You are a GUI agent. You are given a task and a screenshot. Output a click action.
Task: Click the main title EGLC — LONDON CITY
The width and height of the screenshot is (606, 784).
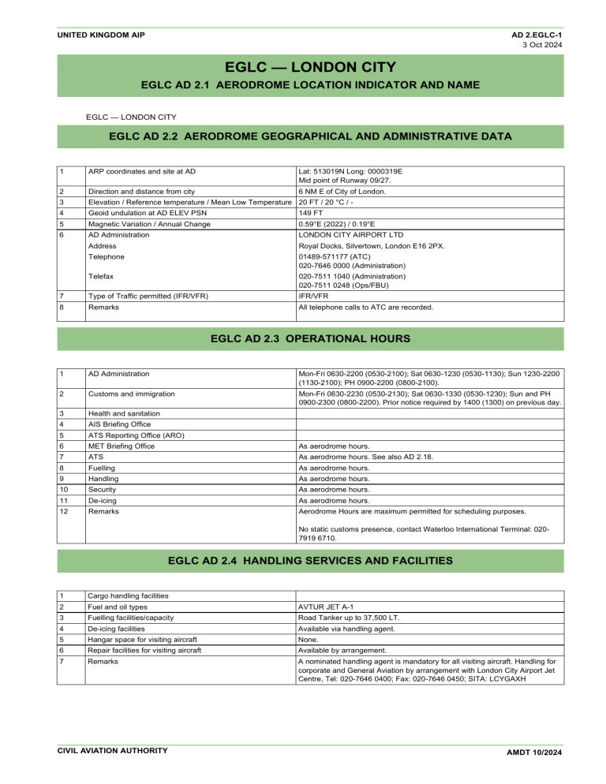[310, 65]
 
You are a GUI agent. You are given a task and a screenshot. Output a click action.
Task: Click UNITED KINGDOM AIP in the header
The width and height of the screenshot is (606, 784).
[100, 35]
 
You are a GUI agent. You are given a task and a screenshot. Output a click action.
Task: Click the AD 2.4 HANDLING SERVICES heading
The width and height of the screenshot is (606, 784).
[310, 562]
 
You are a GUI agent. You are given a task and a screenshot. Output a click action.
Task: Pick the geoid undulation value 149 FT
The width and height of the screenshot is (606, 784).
[311, 213]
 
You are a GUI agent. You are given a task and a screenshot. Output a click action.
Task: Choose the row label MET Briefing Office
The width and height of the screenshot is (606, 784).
[122, 446]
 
